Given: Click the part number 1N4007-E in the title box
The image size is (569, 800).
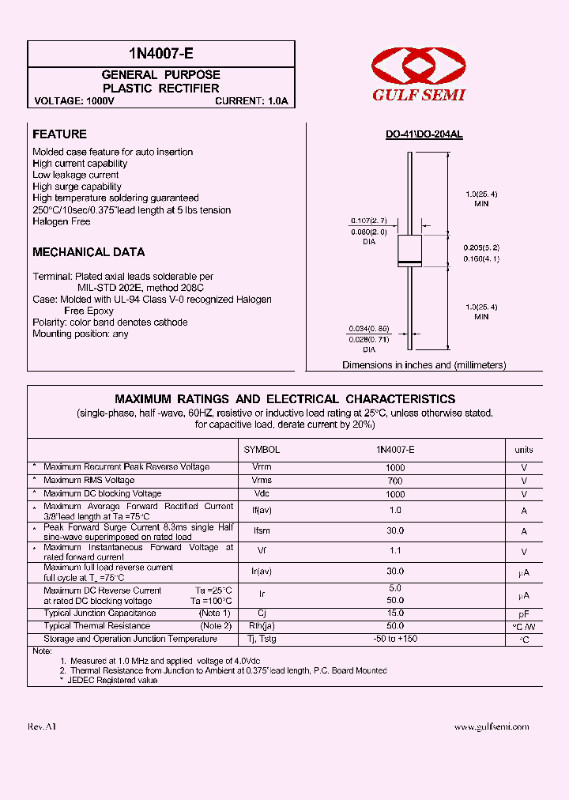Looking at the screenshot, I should (160, 54).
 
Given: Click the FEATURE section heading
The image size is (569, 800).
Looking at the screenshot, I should (59, 134).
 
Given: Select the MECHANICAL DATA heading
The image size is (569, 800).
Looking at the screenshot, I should (89, 252).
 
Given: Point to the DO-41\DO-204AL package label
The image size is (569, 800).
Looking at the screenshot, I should (424, 134).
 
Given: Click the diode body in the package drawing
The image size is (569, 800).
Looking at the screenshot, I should (409, 250).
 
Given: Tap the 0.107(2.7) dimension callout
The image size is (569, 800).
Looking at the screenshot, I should (368, 221).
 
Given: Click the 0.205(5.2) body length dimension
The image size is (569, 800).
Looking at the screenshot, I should (480, 247).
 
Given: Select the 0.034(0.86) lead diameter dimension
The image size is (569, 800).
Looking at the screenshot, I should (368, 328).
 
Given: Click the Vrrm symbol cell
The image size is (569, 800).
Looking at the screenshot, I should (262, 467).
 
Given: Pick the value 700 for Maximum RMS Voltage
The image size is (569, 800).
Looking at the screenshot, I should (395, 481).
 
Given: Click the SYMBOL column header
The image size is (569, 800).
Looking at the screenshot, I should (262, 449).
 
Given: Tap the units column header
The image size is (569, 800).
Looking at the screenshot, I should (524, 449).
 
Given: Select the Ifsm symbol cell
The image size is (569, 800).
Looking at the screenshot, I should (262, 531).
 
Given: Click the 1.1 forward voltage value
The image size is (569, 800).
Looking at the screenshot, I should (395, 551).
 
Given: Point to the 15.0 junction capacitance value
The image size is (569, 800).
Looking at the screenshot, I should (395, 613).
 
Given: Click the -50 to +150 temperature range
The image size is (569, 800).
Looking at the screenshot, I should (395, 639).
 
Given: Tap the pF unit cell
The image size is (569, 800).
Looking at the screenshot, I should (524, 613).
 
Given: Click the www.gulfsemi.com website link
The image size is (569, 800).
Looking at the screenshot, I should (492, 726).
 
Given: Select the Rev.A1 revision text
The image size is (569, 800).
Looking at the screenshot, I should (43, 726).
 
